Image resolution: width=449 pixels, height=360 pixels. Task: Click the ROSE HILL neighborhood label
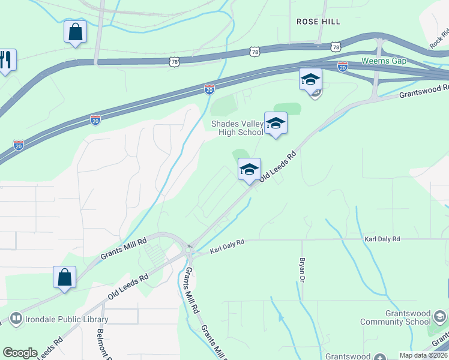point(318,22)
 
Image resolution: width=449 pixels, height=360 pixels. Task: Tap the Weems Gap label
point(384,61)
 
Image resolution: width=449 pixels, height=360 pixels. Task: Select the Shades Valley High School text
point(237,128)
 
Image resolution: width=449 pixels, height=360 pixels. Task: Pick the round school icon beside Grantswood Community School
point(439,317)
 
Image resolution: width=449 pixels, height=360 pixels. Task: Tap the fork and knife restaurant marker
point(5,59)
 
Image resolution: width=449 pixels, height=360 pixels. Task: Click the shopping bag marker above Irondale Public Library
point(64,277)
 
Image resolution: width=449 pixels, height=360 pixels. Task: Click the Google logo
point(20,353)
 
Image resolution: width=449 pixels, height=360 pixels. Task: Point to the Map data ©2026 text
point(423,355)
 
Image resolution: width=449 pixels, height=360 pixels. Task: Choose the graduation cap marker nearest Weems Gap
point(311,79)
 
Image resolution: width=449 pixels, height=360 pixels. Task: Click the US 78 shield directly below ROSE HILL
point(336,46)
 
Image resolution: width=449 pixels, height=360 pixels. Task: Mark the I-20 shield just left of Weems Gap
point(342,66)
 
